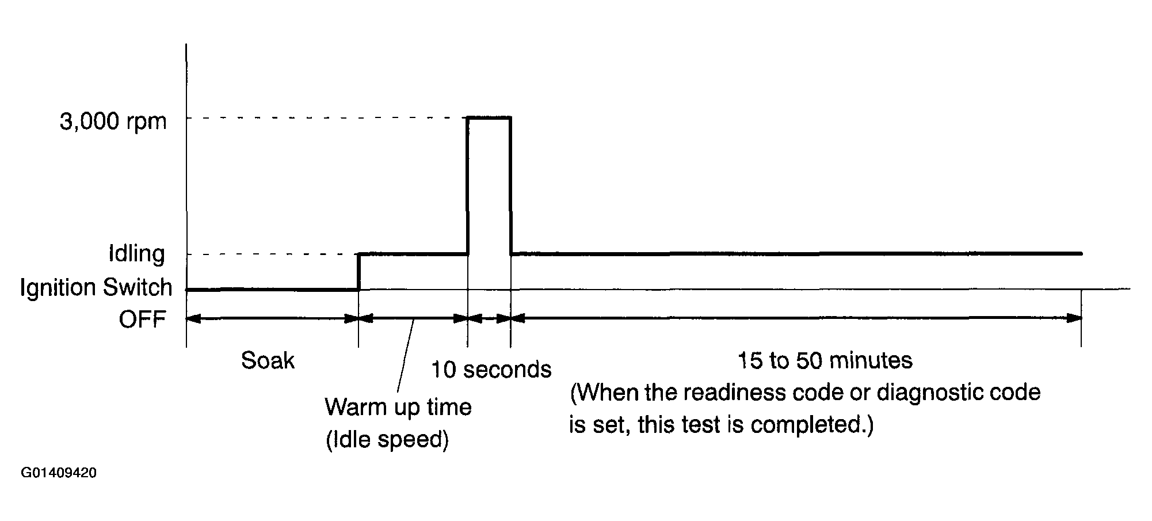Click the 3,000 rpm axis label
113,123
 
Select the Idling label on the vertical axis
137,253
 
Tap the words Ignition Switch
96,287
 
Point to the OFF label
143,320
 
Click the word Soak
268,361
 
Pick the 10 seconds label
491,370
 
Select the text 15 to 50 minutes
825,361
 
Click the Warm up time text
398,407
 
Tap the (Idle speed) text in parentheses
387,440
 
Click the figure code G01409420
59,473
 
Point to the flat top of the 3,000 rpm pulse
489,117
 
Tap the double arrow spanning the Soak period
272,318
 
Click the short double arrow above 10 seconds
489,318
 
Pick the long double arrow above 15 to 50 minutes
796,318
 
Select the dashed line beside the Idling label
270,254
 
